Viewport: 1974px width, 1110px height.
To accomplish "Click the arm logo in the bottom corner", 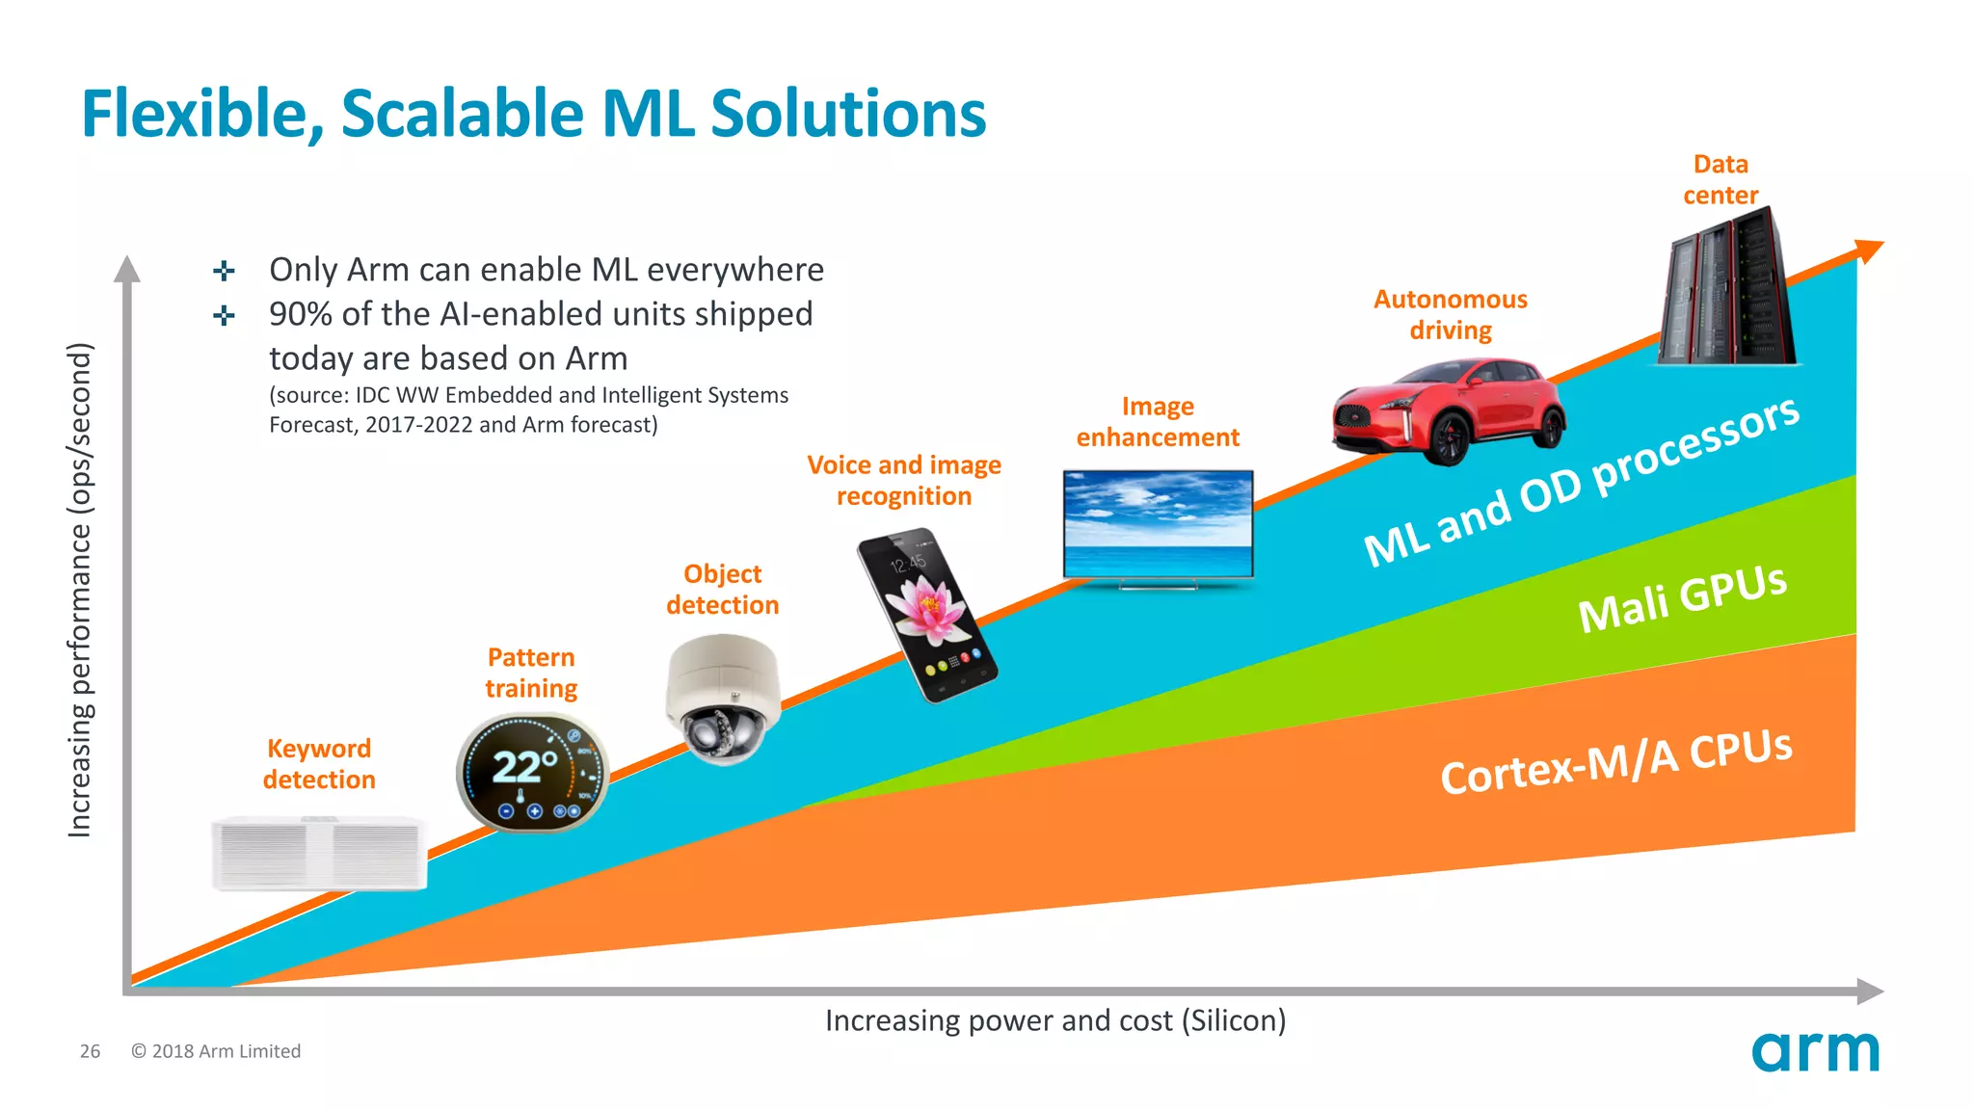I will click(x=1815, y=1051).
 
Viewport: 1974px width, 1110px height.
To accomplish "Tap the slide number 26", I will click(x=90, y=1051).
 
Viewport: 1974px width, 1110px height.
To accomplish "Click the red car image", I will click(x=1449, y=410).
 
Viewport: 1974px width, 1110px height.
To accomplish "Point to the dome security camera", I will click(x=723, y=699).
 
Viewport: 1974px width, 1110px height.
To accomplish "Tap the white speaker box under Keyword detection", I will click(x=319, y=853).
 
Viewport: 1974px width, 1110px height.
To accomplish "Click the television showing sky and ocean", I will click(x=1158, y=526).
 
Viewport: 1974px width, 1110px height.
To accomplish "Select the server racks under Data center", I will click(x=1727, y=289).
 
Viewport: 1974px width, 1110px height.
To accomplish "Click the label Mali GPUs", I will click(x=1682, y=598).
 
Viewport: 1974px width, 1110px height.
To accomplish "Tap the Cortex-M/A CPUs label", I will click(x=1616, y=761).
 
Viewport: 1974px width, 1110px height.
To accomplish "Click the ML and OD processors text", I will click(x=1581, y=481).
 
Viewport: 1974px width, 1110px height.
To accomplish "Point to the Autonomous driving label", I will click(x=1450, y=315).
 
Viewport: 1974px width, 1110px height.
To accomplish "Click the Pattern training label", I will click(x=531, y=673).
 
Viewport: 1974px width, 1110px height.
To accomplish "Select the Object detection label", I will click(x=722, y=590).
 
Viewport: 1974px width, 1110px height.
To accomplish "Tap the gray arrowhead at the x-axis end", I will click(x=1870, y=991).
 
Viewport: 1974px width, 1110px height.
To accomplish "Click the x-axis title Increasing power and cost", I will click(x=1055, y=1020).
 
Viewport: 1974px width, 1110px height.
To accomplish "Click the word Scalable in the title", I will click(x=462, y=115).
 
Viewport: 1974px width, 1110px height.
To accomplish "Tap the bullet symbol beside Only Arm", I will click(x=224, y=271).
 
